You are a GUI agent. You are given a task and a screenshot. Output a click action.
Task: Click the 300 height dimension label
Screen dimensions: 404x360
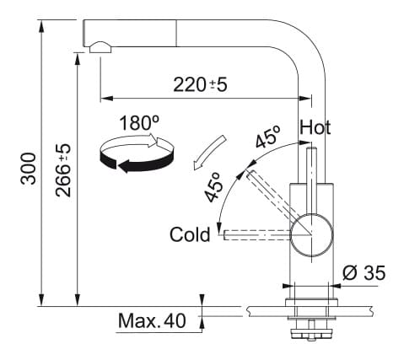pos(29,169)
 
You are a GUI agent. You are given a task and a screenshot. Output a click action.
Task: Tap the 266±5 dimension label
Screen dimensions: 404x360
pos(63,170)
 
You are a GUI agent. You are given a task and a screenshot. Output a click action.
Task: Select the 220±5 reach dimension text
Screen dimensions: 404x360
pos(200,84)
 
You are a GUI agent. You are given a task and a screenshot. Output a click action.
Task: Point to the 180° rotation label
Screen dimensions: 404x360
pos(139,123)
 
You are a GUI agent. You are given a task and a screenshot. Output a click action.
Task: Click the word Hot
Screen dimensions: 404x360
pos(315,127)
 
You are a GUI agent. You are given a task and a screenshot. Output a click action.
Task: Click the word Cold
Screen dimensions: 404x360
pos(190,234)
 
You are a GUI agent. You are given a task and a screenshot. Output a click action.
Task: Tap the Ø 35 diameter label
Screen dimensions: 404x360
pos(364,272)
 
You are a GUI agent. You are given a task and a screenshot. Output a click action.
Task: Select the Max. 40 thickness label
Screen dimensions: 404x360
pos(152,320)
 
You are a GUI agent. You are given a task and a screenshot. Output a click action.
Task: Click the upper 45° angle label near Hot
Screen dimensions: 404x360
pos(268,137)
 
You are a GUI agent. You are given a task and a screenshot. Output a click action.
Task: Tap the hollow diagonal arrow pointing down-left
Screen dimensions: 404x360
pos(209,153)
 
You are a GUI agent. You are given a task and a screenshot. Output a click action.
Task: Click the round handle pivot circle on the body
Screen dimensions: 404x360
pos(311,235)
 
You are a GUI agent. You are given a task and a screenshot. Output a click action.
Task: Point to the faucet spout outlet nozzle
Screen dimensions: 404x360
pos(100,48)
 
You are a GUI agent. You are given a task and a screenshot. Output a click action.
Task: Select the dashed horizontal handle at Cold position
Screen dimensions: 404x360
pos(257,235)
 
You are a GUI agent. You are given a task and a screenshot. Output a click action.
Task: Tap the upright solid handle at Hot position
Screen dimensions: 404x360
pos(311,180)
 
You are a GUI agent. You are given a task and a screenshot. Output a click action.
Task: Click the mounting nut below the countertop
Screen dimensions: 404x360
pos(311,333)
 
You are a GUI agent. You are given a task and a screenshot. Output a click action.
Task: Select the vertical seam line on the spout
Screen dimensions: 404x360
pos(176,33)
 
